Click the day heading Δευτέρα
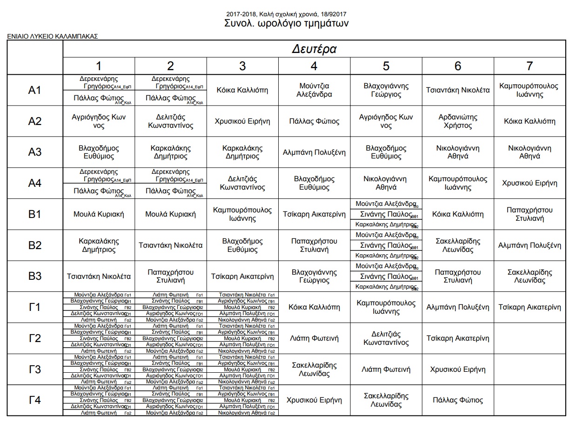314,49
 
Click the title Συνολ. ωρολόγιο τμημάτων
287,24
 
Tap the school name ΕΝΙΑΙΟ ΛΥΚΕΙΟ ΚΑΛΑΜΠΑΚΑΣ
53,36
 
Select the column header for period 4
314,66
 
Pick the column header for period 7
529,66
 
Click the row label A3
35,152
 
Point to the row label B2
35,245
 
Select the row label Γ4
35,400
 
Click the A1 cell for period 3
242,90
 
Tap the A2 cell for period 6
458,121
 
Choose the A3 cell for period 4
314,152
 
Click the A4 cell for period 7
529,183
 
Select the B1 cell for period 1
99,214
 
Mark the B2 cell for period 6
458,245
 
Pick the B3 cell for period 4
314,276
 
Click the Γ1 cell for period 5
386,307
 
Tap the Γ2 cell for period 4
314,338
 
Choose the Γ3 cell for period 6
458,369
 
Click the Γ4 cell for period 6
458,400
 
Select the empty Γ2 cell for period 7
529,338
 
